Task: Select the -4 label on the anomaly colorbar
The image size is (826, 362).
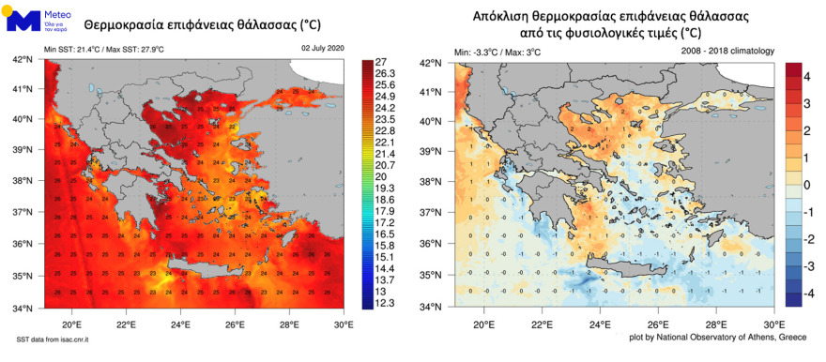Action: point(807,293)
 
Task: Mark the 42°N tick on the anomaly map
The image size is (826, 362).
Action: point(431,63)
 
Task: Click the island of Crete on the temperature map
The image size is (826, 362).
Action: point(211,272)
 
